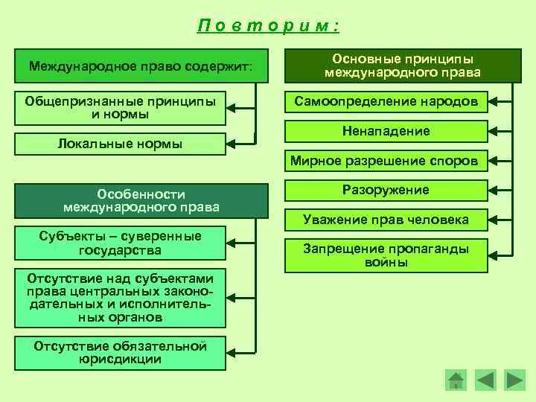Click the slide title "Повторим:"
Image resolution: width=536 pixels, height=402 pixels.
pyautogui.click(x=268, y=26)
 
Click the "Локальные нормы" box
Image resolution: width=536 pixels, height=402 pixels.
pyautogui.click(x=120, y=144)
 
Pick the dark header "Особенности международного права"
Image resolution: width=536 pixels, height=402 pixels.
pyautogui.click(x=141, y=200)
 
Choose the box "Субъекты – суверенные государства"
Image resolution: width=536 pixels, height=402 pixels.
pyautogui.click(x=120, y=243)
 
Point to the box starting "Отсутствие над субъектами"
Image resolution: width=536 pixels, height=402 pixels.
pyautogui.click(x=120, y=296)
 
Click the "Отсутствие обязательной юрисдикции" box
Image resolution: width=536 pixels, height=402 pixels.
pyautogui.click(x=120, y=353)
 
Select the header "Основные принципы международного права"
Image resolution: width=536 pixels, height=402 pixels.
pyautogui.click(x=403, y=66)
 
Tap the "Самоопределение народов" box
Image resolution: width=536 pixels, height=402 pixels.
pyautogui.click(x=386, y=101)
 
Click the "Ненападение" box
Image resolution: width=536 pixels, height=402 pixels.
pyautogui.click(x=386, y=131)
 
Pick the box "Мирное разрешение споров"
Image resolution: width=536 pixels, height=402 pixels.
pyautogui.click(x=386, y=160)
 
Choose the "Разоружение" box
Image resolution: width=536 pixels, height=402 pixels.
pyautogui.click(x=386, y=190)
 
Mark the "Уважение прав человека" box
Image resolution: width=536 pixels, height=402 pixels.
pyautogui.click(x=386, y=220)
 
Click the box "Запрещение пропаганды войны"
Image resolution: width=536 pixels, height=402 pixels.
pyautogui.click(x=386, y=255)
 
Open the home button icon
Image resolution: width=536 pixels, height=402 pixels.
pyautogui.click(x=456, y=380)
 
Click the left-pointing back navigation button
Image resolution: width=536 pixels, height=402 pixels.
pyautogui.click(x=485, y=380)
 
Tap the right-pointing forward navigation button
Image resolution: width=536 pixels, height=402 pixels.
pyautogui.click(x=514, y=380)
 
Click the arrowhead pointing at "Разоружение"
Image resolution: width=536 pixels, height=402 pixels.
pyautogui.click(x=494, y=190)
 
